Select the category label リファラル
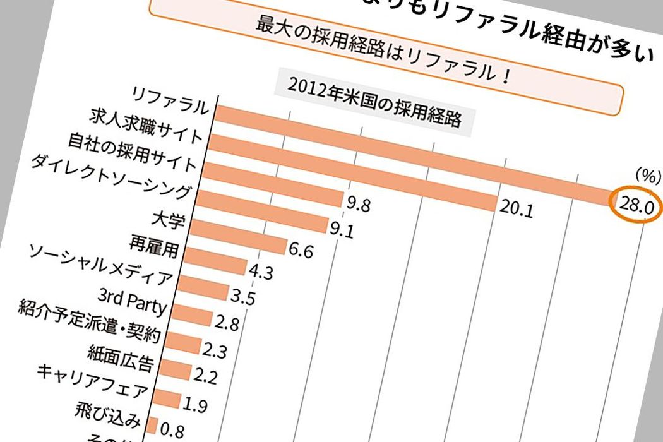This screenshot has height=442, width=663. coord(171,100)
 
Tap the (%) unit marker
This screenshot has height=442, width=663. coord(645,176)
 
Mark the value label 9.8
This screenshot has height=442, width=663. coord(358,203)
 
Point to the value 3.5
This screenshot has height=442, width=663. coord(243,297)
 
